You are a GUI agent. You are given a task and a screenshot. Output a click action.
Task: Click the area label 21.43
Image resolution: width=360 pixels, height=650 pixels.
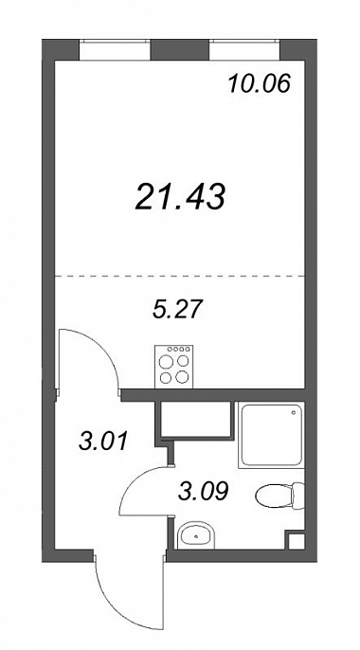click(x=180, y=196)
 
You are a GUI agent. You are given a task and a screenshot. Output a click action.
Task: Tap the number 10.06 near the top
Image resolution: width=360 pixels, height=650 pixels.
click(x=259, y=84)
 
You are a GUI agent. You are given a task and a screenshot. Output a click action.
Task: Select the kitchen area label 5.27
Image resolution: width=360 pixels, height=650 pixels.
click(x=177, y=309)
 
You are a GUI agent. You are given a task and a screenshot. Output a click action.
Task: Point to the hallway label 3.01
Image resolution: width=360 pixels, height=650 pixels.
click(x=102, y=442)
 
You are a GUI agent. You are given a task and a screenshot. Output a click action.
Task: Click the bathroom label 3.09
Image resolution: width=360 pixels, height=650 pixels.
click(x=203, y=492)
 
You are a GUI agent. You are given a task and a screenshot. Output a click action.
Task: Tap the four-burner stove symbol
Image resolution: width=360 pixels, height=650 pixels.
click(x=174, y=367)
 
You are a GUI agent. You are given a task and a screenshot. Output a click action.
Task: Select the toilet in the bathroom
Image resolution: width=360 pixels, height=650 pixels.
click(x=280, y=496)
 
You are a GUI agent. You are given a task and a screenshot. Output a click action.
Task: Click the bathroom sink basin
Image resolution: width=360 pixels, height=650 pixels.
click(x=196, y=535)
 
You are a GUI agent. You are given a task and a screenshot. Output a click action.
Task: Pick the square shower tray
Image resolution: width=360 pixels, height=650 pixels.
click(x=271, y=435)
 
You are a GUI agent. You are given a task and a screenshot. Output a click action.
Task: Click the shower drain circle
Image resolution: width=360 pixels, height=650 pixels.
click(x=294, y=412)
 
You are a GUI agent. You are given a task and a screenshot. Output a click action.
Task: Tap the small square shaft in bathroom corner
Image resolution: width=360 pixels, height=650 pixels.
click(x=297, y=541)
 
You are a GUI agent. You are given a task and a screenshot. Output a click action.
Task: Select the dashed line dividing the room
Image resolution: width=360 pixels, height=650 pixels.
click(x=180, y=276)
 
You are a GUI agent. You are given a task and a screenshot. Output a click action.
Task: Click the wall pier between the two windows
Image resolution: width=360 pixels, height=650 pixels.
click(x=180, y=49)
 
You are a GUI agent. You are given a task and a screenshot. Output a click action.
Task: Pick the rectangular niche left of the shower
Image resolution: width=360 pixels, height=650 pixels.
click(x=195, y=419)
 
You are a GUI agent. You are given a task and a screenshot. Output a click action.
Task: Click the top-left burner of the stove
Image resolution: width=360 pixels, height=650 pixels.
click(x=166, y=362)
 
